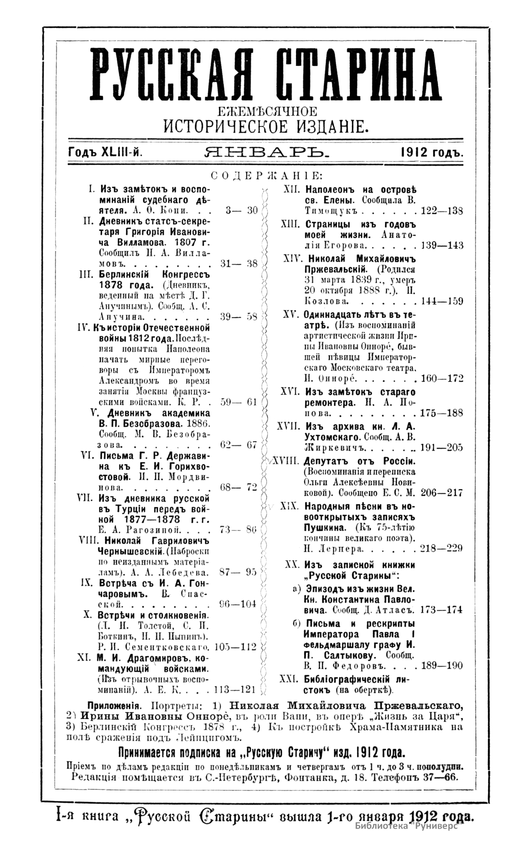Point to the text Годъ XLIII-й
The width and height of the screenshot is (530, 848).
tap(105, 153)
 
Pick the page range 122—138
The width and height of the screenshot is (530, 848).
tap(442, 211)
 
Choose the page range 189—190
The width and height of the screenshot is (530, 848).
tap(442, 666)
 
